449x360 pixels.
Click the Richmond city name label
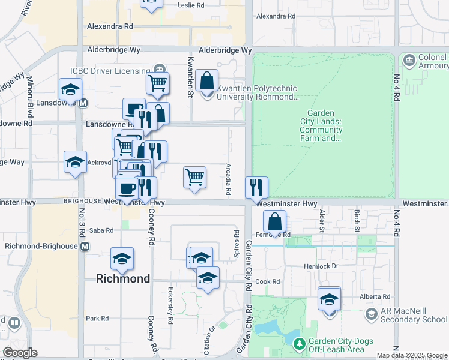(123, 278)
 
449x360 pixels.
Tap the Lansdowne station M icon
(83, 102)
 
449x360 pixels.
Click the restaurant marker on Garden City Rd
(256, 187)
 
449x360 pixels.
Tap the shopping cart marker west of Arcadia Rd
(194, 177)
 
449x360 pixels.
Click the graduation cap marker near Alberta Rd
(329, 298)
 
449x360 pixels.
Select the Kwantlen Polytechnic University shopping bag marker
(206, 80)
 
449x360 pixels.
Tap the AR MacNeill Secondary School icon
(371, 314)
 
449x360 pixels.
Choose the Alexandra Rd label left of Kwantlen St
(110, 26)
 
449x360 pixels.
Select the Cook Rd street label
(268, 281)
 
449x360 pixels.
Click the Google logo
(20, 353)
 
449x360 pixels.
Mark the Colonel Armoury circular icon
(409, 60)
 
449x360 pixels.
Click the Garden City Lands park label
(324, 125)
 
